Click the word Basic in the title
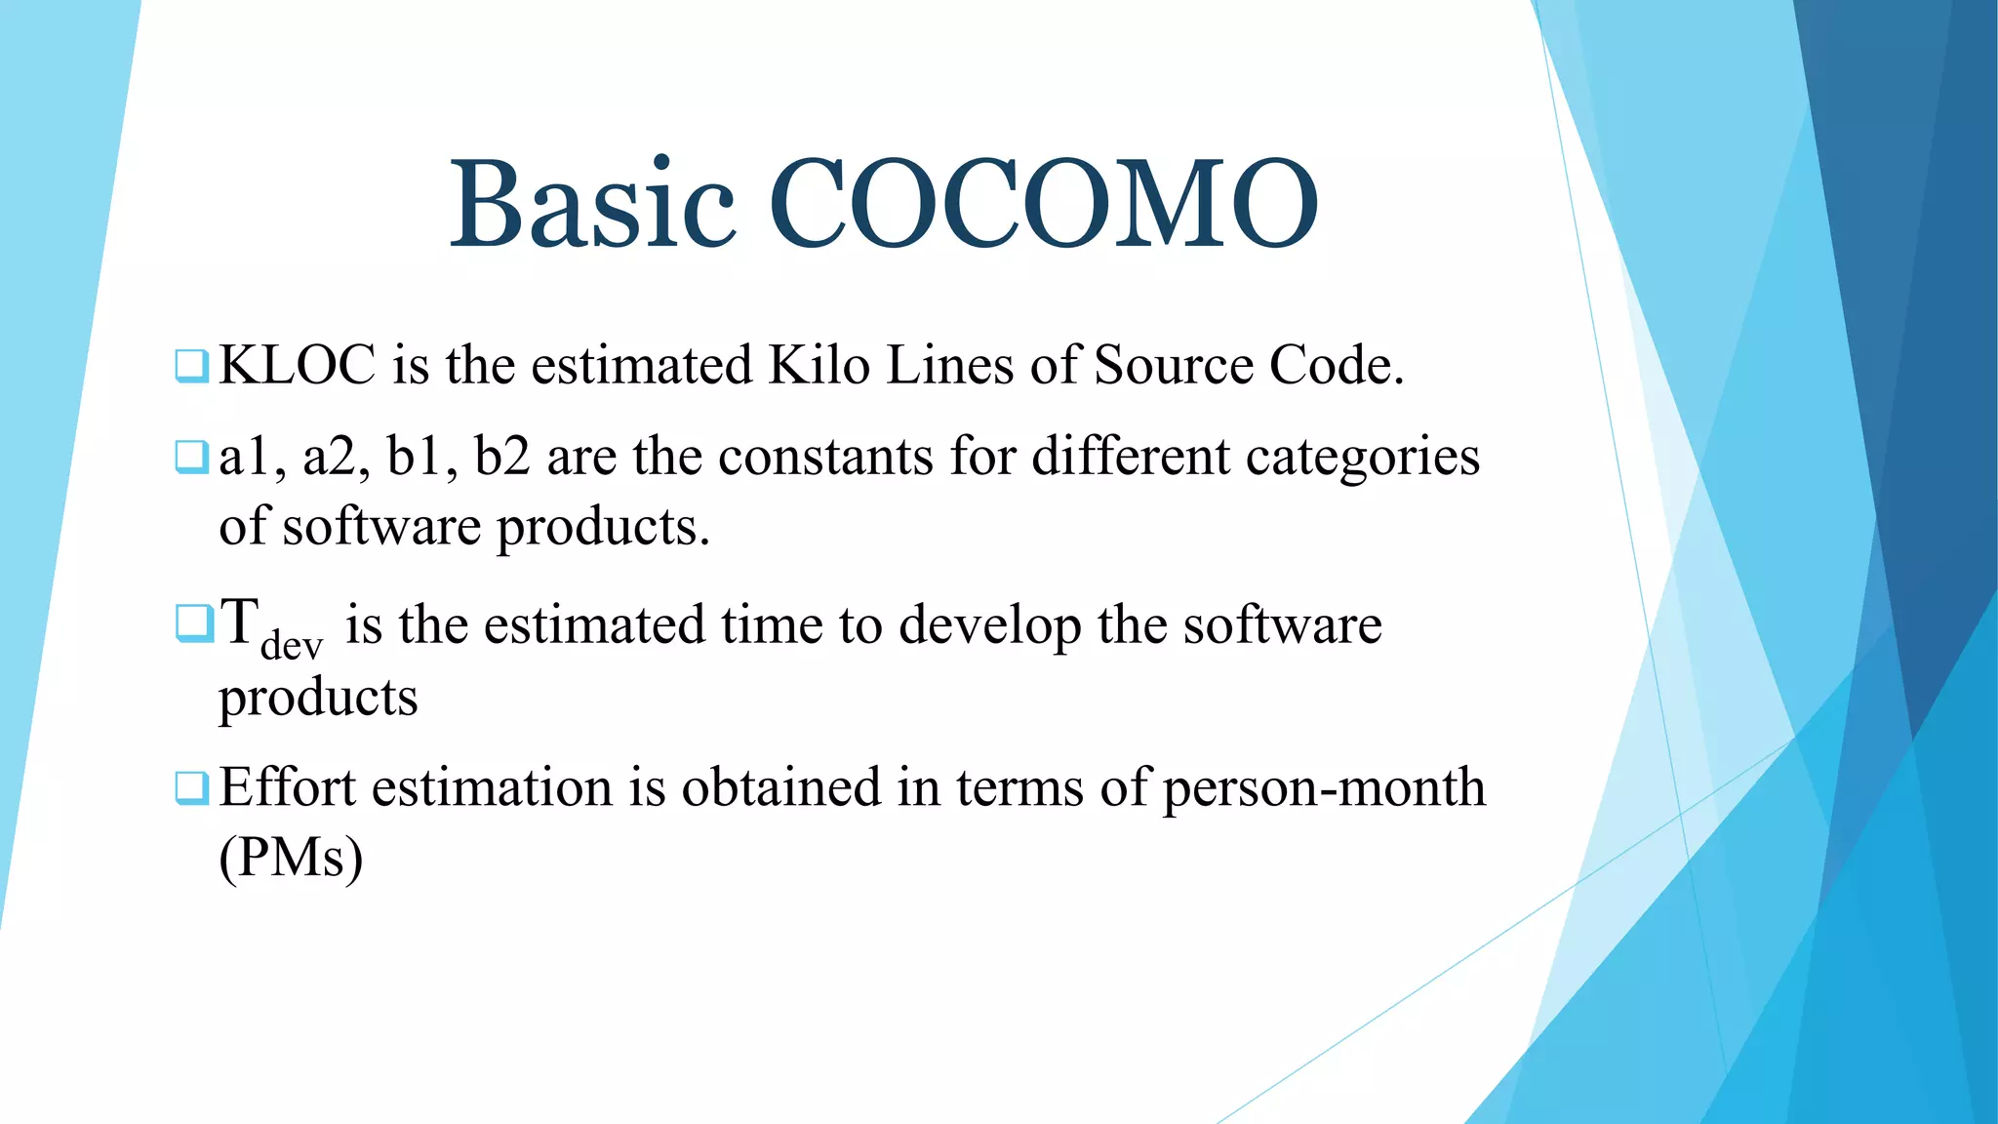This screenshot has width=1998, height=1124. pyautogui.click(x=591, y=205)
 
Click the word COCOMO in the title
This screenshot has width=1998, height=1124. pyautogui.click(x=1044, y=205)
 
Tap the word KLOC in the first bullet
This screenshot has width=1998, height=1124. pyautogui.click(x=298, y=366)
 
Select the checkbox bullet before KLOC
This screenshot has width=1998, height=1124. pyautogui.click(x=191, y=366)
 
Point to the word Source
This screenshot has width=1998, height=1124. pyautogui.click(x=1174, y=366)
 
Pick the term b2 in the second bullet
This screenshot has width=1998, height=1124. pyautogui.click(x=501, y=457)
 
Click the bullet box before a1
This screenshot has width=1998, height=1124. pyautogui.click(x=191, y=457)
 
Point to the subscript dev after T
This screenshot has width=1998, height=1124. pyautogui.click(x=291, y=646)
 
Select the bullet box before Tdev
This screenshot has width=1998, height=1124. pyautogui.click(x=193, y=624)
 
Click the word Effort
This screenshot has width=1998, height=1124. pyautogui.click(x=288, y=787)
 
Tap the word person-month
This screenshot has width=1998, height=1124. pyautogui.click(x=1324, y=789)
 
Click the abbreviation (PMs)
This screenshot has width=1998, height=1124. pyautogui.click(x=291, y=859)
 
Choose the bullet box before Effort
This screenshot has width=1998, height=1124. pyautogui.click(x=191, y=787)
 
